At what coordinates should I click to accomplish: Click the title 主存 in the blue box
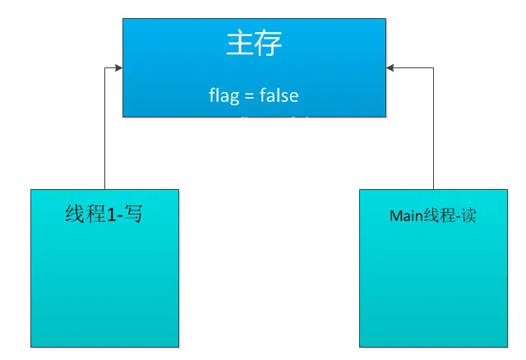click(254, 44)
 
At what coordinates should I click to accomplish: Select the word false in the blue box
click(279, 95)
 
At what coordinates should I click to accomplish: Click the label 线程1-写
click(104, 215)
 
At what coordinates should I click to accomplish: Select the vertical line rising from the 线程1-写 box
click(105, 132)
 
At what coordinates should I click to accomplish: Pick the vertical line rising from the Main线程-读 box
click(433, 132)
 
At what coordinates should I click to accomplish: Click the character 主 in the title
click(239, 44)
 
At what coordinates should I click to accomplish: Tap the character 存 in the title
click(269, 44)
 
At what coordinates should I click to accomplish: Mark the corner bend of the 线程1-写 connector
click(105, 67)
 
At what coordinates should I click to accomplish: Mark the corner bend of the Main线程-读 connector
click(433, 67)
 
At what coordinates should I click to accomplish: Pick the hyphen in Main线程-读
click(459, 218)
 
